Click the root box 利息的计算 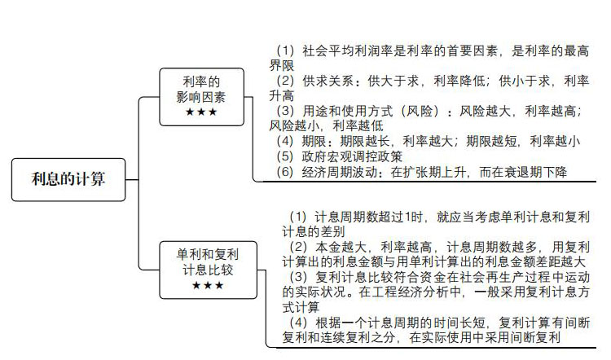tap(68, 180)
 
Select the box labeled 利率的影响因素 tap(202, 97)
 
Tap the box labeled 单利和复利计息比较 tap(208, 270)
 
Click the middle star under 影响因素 tap(201, 112)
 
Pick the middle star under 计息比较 tap(208, 286)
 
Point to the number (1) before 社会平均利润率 tap(285, 50)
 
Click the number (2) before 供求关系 tap(285, 81)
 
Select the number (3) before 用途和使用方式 tap(285, 111)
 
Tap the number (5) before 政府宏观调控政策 tap(285, 156)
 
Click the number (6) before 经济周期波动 tap(285, 172)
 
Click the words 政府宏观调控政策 tap(352, 156)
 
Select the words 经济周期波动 tap(340, 172)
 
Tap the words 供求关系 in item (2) tap(327, 81)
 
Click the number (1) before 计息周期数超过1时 tap(297, 217)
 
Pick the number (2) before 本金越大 tap(297, 247)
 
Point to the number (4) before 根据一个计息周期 tap(297, 323)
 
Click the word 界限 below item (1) tap(282, 65)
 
